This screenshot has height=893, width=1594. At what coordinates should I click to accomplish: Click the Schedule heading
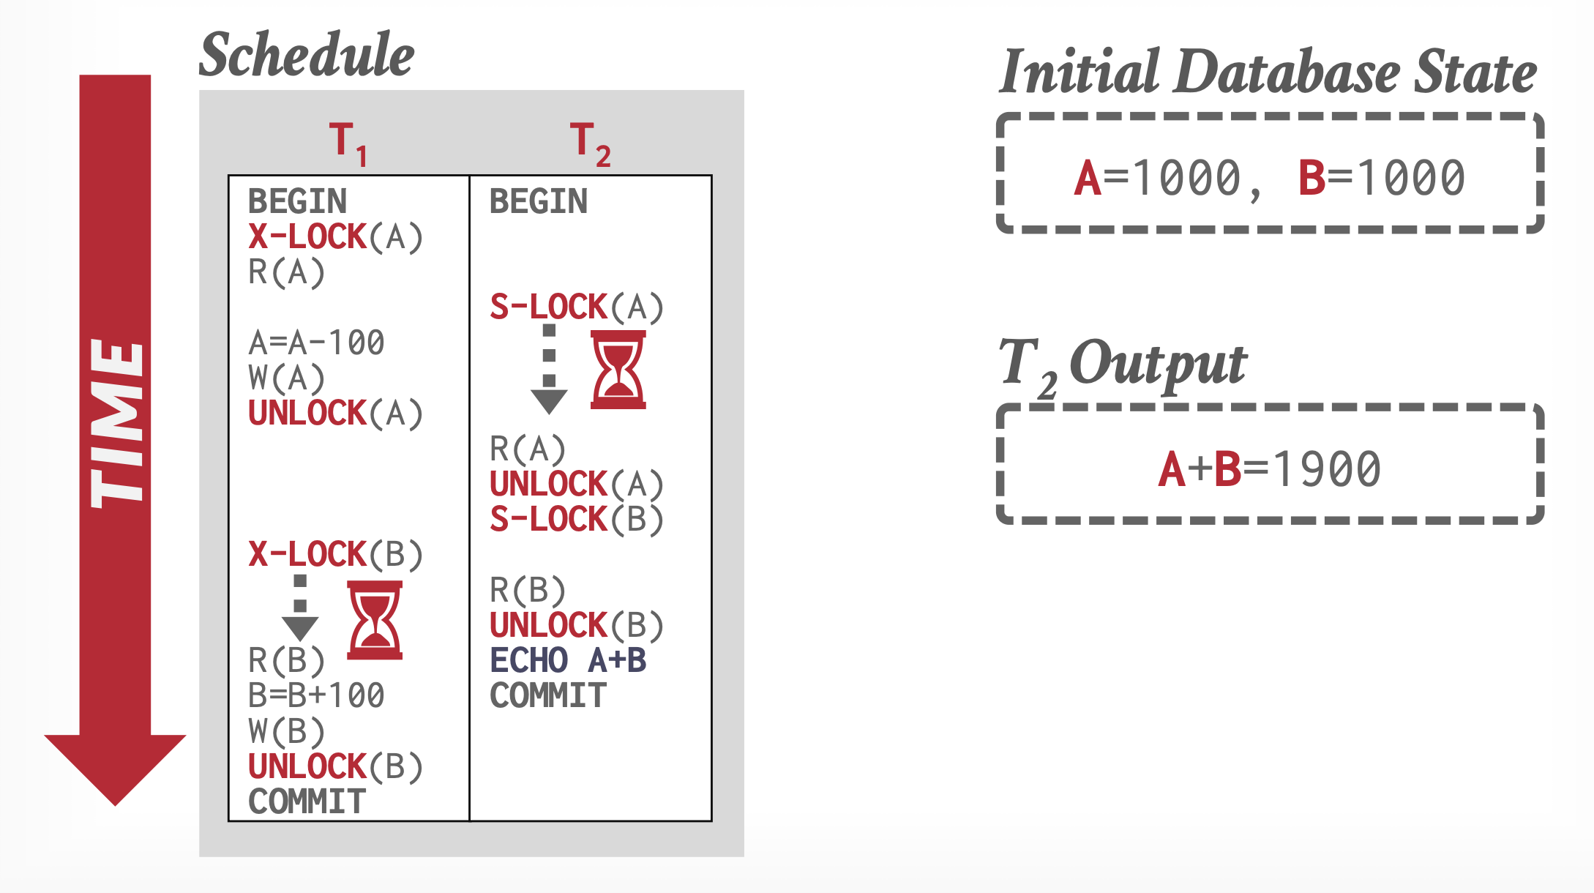(307, 55)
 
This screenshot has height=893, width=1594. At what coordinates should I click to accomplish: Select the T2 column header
(589, 143)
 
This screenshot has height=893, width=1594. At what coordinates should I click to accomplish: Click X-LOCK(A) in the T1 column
(335, 237)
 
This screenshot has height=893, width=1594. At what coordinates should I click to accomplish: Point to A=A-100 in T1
(316, 343)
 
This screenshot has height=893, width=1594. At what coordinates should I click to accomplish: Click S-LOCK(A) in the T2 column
(576, 307)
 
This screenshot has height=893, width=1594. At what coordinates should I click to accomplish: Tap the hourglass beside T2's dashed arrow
(618, 370)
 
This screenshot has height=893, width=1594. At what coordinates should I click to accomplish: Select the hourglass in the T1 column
(375, 620)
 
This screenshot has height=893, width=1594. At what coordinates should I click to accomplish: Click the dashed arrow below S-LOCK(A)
(549, 370)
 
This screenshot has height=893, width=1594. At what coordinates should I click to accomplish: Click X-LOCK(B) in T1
(335, 555)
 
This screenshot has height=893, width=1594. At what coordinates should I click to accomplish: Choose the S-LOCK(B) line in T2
(576, 520)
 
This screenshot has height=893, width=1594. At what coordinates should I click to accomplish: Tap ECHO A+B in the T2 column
(568, 660)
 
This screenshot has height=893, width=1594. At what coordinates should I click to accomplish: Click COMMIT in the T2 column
(548, 695)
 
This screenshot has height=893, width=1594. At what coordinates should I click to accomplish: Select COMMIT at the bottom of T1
(307, 802)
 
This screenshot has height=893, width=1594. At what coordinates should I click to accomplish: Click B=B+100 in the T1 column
(316, 695)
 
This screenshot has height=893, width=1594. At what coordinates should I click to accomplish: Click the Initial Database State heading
(1268, 72)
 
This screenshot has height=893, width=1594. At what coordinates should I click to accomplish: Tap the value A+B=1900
(1269, 469)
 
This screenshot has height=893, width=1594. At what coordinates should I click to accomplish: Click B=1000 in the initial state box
(1381, 179)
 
